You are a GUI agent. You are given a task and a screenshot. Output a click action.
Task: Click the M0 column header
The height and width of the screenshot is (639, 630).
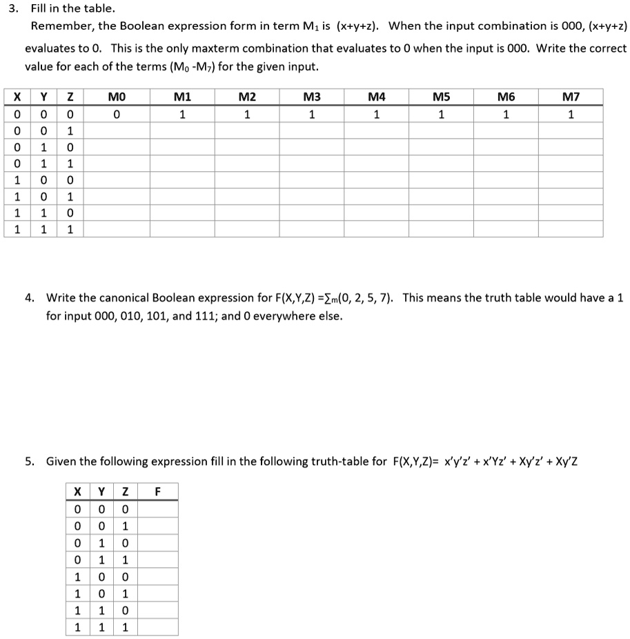pos(117,97)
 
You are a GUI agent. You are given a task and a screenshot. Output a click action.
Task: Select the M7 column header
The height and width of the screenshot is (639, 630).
pos(570,97)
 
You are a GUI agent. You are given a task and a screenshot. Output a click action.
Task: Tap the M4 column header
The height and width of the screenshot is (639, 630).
pos(376,97)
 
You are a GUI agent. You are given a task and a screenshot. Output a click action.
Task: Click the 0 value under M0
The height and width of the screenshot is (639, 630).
pos(117,114)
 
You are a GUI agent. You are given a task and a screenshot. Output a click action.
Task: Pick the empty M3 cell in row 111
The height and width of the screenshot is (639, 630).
pos(311,229)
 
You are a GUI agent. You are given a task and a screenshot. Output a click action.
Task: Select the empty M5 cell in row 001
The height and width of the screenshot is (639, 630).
pos(441,130)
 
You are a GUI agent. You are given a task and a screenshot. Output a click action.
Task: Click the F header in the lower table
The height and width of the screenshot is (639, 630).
pos(157,492)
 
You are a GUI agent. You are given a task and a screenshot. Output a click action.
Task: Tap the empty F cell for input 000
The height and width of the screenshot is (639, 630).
pos(157,509)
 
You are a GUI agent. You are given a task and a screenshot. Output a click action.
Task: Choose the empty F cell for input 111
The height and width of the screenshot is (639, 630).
pos(157,627)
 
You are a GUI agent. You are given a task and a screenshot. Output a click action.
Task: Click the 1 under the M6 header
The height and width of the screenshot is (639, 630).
pos(506,114)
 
